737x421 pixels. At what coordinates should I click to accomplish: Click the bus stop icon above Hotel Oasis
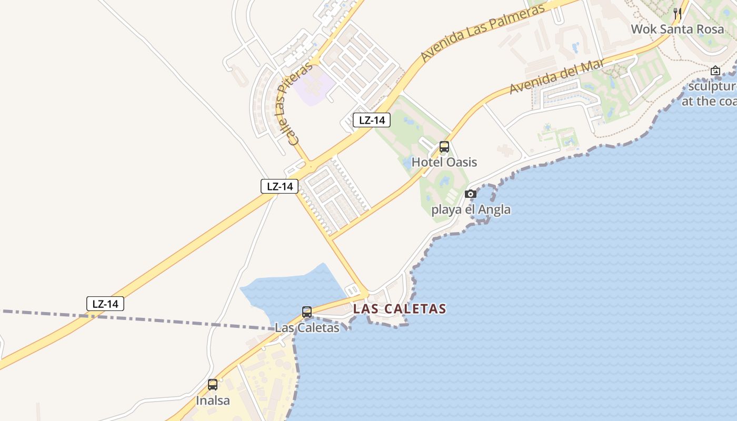(444, 147)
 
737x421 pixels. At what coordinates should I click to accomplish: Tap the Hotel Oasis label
(444, 162)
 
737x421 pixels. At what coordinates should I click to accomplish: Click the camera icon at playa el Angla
(471, 194)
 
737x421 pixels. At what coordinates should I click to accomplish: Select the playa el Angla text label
(471, 209)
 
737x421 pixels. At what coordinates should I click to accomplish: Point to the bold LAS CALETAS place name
(400, 309)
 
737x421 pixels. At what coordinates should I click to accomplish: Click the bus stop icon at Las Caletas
(307, 312)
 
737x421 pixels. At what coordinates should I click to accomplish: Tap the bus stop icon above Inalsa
(213, 385)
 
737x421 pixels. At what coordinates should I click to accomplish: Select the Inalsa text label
(213, 400)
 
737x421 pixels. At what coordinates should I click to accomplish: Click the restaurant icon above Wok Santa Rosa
(678, 14)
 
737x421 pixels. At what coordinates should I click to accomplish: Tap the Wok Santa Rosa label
(678, 29)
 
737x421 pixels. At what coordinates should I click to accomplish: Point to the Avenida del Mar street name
(558, 77)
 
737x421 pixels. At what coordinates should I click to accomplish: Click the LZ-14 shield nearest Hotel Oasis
(372, 120)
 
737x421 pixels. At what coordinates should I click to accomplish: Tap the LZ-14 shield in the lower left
(105, 304)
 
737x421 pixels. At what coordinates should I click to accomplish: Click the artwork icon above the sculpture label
(715, 71)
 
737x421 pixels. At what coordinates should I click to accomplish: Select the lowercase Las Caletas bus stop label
(307, 327)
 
